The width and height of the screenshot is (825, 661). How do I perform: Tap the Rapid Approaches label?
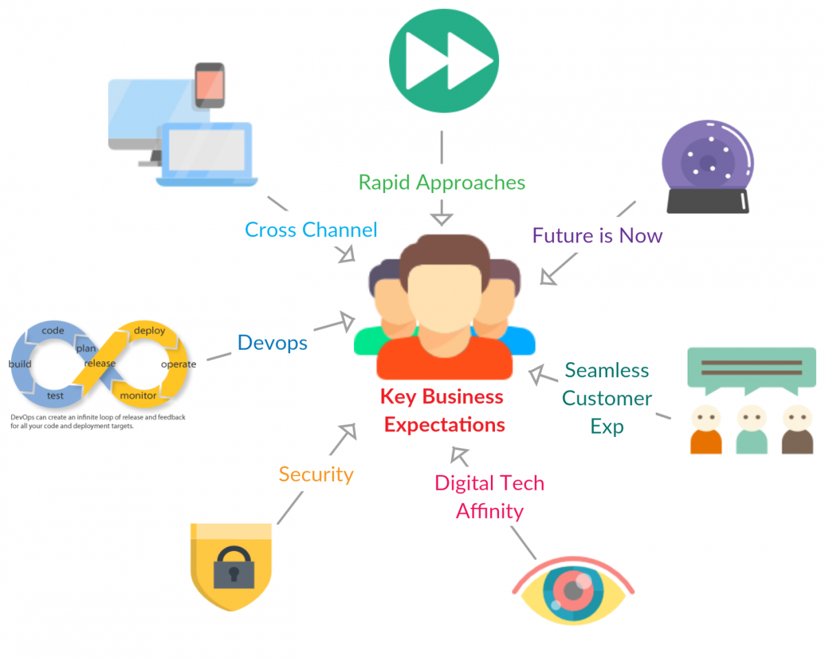442,182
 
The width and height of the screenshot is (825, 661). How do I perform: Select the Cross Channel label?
311,229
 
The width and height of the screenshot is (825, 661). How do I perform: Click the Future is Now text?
597,236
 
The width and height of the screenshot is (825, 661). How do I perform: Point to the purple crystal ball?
707,161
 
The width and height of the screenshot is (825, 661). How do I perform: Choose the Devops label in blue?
272,342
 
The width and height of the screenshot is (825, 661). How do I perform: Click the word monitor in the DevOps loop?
138,396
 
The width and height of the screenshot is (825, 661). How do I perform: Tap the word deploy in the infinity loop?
150,330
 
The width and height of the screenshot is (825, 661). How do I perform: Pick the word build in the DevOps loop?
20,363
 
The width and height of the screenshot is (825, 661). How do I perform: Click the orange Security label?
316,474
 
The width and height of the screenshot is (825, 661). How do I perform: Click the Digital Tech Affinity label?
489,497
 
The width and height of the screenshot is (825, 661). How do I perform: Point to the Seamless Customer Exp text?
607,399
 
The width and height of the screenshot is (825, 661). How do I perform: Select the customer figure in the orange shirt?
706,429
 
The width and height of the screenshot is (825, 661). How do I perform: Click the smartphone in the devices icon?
210,85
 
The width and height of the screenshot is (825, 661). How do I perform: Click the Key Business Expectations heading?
444,411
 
